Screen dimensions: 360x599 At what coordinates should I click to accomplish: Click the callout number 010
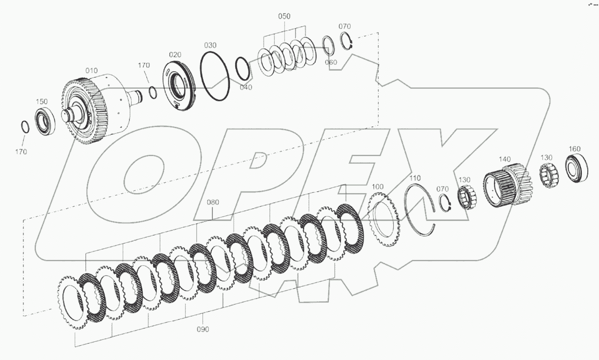pos(91,70)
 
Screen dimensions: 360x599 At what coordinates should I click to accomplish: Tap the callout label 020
pos(175,55)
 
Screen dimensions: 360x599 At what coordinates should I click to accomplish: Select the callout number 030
pos(210,45)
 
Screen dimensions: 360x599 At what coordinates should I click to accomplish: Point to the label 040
pos(246,87)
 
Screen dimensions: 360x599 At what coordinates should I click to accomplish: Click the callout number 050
pos(284,16)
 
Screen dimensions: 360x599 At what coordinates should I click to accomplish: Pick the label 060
pos(331,62)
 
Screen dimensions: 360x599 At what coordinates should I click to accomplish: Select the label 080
pos(213,202)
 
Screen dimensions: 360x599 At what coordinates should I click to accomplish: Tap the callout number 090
pos(202,329)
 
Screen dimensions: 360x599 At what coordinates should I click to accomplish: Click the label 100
pos(378,187)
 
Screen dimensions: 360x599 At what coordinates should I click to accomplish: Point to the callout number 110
pos(415,178)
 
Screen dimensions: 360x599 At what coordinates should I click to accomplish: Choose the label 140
pos(505,159)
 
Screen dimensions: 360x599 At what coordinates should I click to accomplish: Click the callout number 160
pos(574,149)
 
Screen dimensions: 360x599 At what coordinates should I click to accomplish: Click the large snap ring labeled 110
pos(420,206)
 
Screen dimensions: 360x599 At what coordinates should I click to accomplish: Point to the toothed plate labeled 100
pos(383,219)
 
